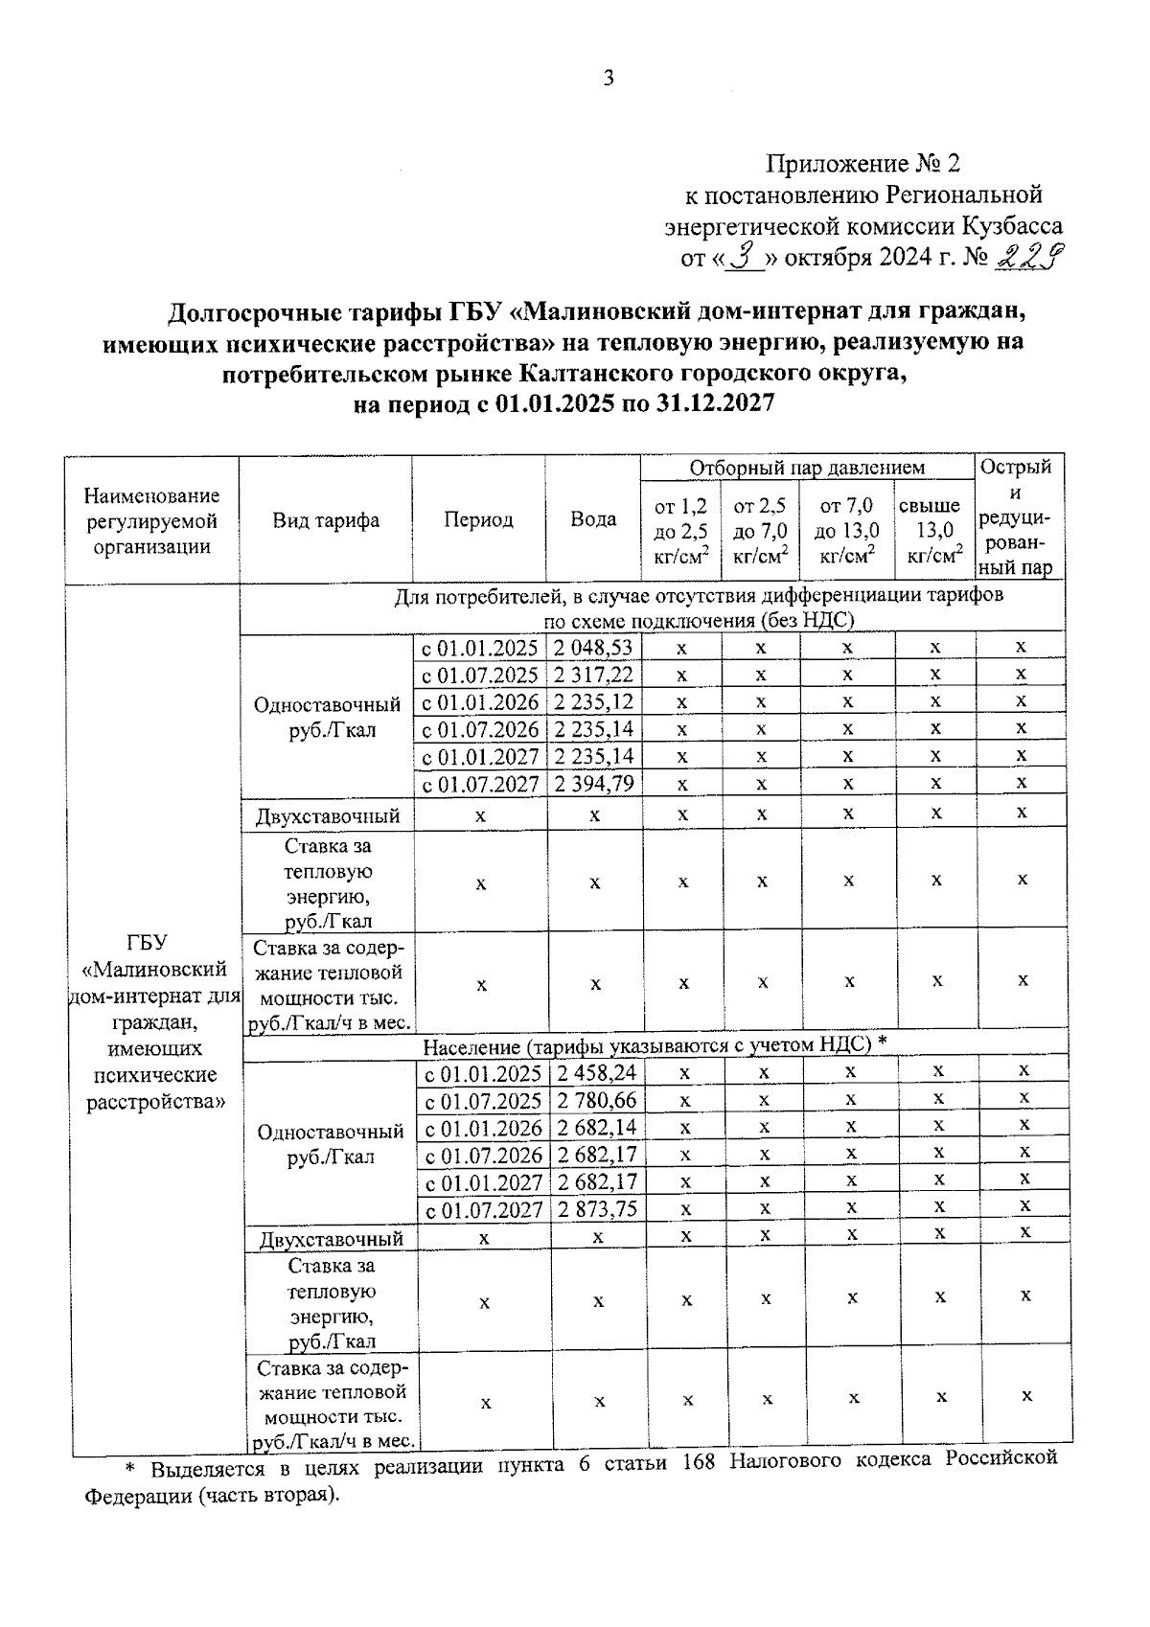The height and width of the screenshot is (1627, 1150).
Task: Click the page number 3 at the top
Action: coord(609,79)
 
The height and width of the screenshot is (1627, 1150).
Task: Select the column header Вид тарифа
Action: coord(326,520)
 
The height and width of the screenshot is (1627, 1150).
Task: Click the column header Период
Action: coord(478,519)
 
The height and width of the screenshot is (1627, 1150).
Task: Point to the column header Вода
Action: coord(593,519)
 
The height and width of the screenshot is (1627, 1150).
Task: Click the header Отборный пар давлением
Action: coord(807,468)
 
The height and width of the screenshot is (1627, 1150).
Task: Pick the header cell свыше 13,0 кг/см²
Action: coord(934,531)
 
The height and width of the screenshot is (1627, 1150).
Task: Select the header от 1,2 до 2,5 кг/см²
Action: coord(681,531)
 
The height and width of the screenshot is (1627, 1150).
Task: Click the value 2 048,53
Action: coord(594,648)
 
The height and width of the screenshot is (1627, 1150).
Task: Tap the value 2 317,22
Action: coord(594,675)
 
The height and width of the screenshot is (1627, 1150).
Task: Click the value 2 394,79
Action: coord(594,784)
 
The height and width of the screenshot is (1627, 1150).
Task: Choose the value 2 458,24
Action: coord(597,1073)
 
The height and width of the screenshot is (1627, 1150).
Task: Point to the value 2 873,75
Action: coord(597,1209)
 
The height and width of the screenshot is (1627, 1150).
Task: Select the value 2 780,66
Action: coord(597,1100)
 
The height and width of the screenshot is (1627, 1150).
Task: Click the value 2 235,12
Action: coord(594,701)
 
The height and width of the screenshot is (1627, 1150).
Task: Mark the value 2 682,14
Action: coord(597,1127)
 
